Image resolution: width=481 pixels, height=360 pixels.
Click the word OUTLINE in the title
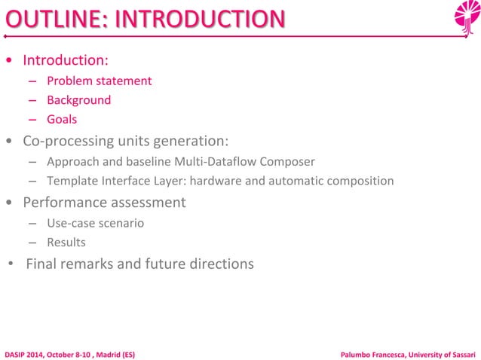48,18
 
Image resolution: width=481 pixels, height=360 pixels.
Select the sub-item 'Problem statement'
99,81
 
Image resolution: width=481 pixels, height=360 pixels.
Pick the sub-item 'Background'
78,100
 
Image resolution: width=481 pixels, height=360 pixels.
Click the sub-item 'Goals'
62,119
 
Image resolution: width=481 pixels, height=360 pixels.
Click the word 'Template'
69,181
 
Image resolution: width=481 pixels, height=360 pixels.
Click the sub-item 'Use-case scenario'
95,223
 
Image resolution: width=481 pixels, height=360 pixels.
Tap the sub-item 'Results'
66,243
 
